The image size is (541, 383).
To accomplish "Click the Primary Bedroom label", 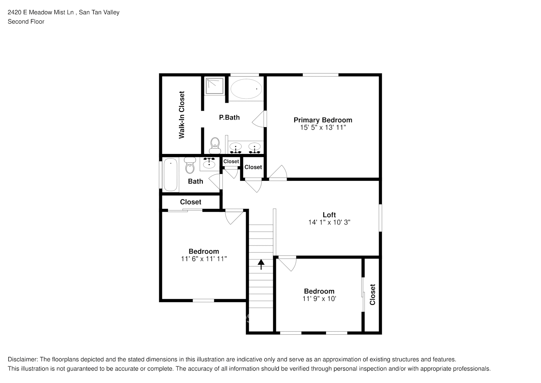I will [323, 120].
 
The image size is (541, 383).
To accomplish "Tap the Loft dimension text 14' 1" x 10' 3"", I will [329, 222].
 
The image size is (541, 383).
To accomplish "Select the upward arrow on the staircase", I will [261, 264].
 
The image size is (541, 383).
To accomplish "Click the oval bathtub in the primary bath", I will [246, 89].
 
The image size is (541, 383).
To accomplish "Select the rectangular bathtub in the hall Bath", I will [170, 175].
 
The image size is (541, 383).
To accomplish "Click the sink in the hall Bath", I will [209, 164].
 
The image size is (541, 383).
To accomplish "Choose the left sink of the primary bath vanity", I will [235, 147].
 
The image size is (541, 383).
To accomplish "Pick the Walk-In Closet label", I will [182, 115].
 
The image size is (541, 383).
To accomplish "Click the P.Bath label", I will [229, 118].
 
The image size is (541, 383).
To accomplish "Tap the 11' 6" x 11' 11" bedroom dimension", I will [204, 259].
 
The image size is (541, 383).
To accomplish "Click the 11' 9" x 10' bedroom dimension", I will [319, 299].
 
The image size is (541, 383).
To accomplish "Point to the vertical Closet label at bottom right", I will [372, 295].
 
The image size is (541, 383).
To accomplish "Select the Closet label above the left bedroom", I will [191, 202].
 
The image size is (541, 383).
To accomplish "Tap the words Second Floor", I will [26, 21].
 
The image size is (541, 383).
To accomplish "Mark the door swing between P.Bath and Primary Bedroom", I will [259, 119].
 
